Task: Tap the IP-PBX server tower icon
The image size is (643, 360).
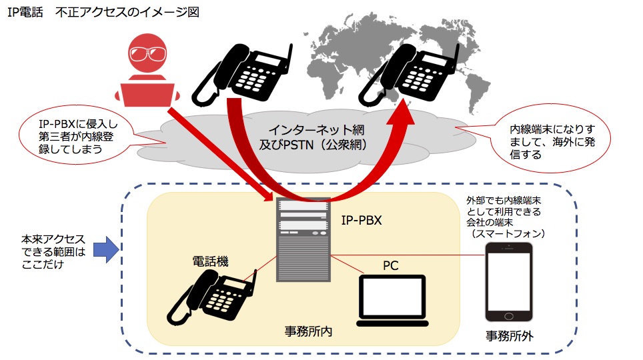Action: click(x=303, y=240)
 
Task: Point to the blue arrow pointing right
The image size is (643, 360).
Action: click(x=103, y=250)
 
